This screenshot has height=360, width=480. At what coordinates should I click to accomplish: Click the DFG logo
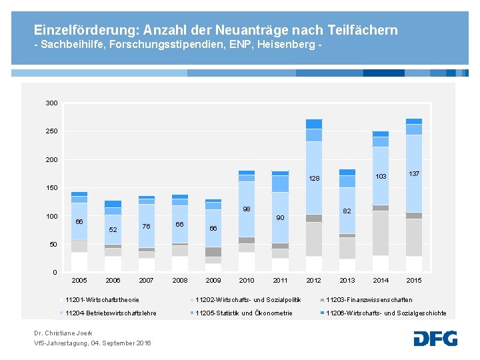(x=435, y=338)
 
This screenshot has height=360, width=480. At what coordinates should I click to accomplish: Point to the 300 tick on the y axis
(x=51, y=103)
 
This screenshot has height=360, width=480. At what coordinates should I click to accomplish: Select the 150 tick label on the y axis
(x=51, y=188)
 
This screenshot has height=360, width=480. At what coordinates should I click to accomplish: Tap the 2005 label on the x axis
(x=79, y=280)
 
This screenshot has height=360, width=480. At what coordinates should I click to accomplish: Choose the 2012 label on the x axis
(x=313, y=280)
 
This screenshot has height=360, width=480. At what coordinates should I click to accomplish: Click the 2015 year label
(x=414, y=280)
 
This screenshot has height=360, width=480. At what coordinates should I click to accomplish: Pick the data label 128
(x=314, y=179)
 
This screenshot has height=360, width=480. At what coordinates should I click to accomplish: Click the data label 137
(x=414, y=173)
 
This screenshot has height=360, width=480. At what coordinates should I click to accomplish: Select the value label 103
(x=381, y=177)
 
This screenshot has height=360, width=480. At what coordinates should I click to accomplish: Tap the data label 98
(x=247, y=209)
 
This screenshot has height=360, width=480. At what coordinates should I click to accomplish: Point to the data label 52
(x=113, y=230)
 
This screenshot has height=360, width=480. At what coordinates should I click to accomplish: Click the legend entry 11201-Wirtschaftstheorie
(x=102, y=300)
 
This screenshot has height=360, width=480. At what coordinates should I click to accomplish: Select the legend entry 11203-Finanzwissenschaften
(x=369, y=300)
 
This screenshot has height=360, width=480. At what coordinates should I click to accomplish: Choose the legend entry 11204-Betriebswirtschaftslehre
(x=111, y=313)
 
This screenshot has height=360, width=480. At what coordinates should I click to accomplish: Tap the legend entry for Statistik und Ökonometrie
(x=243, y=313)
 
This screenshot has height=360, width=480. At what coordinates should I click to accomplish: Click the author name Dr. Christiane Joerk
(x=63, y=333)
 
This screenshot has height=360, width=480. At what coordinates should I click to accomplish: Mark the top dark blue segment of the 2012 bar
(x=314, y=123)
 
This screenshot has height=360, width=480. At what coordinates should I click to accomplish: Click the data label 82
(x=347, y=211)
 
